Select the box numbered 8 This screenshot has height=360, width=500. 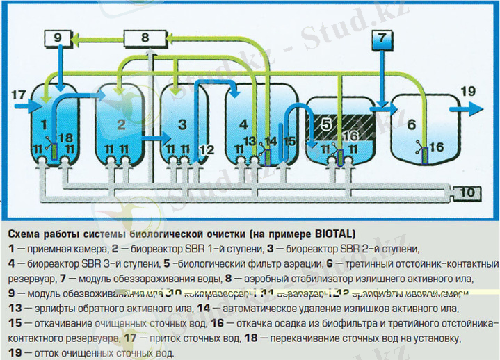point(143,38)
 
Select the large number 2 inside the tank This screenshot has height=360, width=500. point(120,124)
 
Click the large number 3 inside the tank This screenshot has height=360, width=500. point(182,124)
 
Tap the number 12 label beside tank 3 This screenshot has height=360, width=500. point(207,149)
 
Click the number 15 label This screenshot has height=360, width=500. point(290,141)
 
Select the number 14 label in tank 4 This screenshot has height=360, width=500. point(271,141)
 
